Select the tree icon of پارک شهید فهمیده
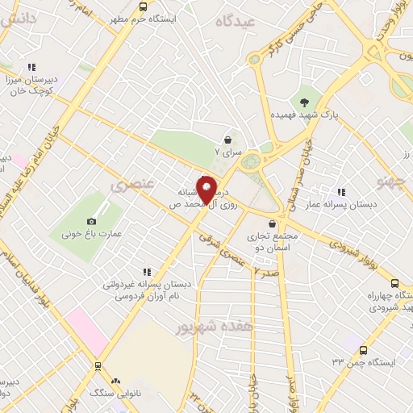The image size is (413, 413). coord(304,102)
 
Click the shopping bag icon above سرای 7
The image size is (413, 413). coord(228,140)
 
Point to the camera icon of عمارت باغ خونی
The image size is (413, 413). coord(91,221)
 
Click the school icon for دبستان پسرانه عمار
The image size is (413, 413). coord(341,192)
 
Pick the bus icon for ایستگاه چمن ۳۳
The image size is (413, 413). coord(363,351)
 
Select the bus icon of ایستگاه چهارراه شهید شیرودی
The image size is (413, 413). coord(394,283)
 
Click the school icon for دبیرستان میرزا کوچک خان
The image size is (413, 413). coord(31,68)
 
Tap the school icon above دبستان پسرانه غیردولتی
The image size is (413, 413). coord(146,272)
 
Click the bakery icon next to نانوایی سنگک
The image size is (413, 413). coord(115,380)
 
